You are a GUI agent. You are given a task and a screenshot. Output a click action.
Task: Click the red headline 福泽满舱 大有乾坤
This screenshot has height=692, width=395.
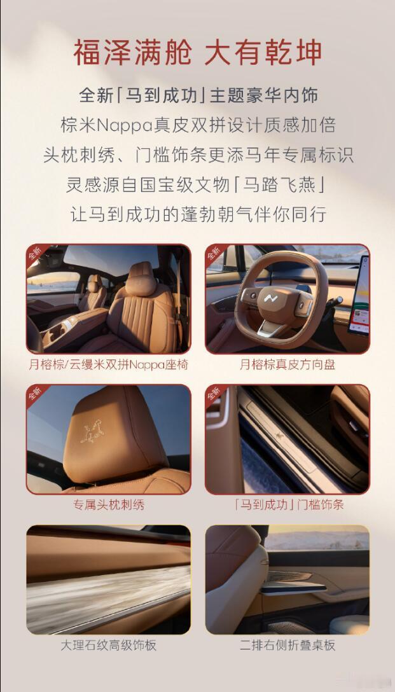[197, 53]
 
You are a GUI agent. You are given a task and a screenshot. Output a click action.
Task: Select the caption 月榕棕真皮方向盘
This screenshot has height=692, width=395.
[288, 364]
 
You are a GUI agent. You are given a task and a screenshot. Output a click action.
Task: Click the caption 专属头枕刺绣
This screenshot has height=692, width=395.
[109, 505]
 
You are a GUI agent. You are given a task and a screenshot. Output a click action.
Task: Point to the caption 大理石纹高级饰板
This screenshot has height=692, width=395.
[109, 645]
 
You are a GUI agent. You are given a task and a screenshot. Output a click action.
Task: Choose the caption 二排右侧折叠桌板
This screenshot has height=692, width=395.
[288, 645]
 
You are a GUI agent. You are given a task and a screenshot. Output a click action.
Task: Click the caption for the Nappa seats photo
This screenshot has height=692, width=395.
[109, 364]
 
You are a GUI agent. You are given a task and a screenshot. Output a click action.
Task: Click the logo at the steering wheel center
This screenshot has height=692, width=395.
[270, 299]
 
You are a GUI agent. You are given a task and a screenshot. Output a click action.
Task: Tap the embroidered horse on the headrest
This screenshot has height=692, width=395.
[93, 432]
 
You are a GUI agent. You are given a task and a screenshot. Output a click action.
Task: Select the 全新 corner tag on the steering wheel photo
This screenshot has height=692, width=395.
[214, 253]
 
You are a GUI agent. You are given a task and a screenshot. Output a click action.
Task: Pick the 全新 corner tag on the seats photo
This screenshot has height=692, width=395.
[35, 253]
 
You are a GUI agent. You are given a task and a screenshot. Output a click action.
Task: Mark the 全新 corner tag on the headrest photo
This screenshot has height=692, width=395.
[35, 393]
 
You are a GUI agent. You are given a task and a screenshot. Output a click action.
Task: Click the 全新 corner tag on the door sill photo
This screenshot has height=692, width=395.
[214, 393]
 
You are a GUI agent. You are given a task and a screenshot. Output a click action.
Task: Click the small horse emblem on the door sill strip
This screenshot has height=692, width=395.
[279, 436]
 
